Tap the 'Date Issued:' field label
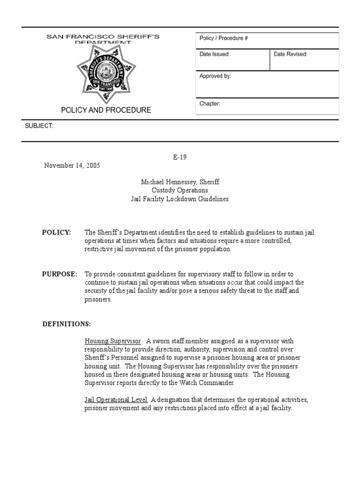(x=214, y=54)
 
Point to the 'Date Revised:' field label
(x=290, y=54)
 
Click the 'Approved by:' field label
(x=215, y=76)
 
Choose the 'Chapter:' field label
(x=210, y=104)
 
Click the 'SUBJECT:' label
(x=38, y=126)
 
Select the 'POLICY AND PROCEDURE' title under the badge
(x=106, y=110)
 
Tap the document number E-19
(x=180, y=157)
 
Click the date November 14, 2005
(x=72, y=165)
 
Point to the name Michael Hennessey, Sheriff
(x=180, y=182)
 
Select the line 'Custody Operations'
(x=180, y=190)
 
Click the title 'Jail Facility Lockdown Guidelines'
(x=180, y=199)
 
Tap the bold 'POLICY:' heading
(x=57, y=232)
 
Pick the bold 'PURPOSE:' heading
(x=60, y=274)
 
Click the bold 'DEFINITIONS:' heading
(x=67, y=324)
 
